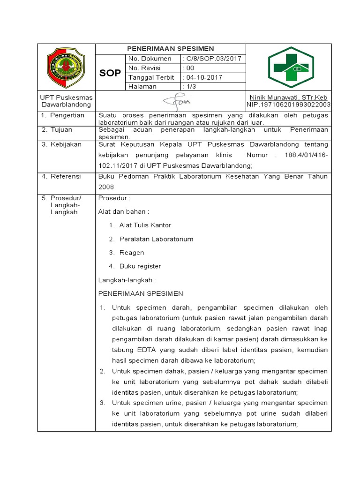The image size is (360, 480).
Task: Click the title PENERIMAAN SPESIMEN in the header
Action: (x=171, y=49)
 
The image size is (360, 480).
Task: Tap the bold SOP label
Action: (x=110, y=73)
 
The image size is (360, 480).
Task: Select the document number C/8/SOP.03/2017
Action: (x=212, y=59)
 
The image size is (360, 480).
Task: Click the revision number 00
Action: (x=189, y=68)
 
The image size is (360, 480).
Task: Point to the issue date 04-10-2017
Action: (x=203, y=77)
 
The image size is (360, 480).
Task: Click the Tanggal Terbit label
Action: (x=151, y=77)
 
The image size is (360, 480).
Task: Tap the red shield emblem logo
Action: (x=66, y=67)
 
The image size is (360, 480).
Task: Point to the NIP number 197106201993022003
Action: (x=289, y=105)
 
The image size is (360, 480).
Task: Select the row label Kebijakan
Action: (x=65, y=144)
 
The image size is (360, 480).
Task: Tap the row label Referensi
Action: (x=65, y=176)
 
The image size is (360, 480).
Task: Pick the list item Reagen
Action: (x=132, y=253)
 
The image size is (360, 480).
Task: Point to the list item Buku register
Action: (x=140, y=266)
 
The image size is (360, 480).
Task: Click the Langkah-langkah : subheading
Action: (x=127, y=280)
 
